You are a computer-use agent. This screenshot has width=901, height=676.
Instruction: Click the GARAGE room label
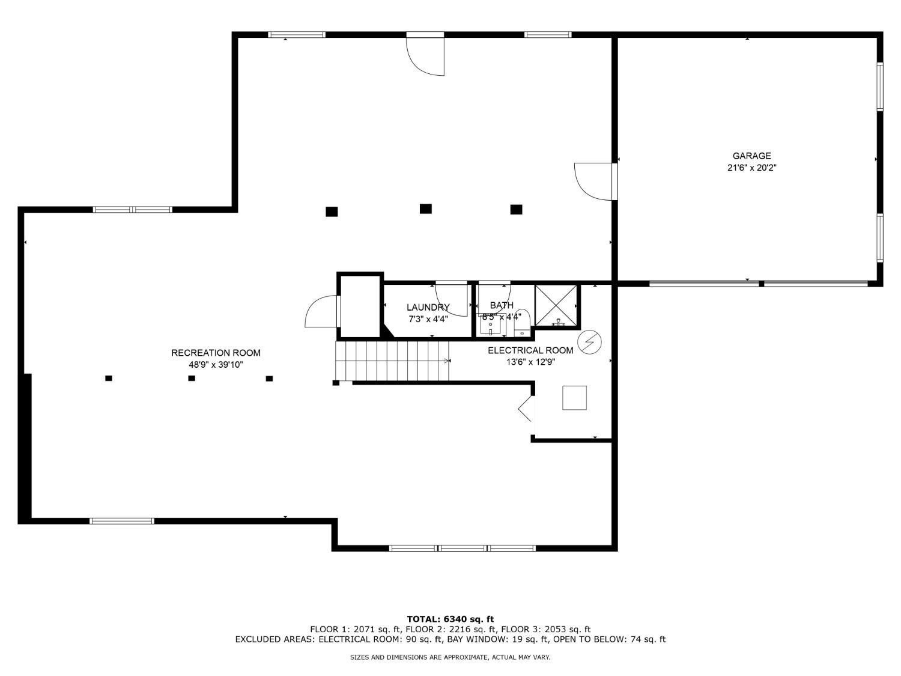[751, 156]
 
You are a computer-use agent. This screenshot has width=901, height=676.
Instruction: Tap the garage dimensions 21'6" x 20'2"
[751, 168]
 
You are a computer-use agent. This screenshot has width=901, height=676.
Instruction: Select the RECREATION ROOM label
[216, 353]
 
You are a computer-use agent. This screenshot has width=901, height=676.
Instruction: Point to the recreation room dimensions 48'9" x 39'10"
[216, 365]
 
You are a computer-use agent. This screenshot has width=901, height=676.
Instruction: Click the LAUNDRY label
[428, 307]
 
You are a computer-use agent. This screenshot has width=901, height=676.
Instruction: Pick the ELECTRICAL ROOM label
[530, 350]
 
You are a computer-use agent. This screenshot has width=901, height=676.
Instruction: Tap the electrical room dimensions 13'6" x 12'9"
[530, 362]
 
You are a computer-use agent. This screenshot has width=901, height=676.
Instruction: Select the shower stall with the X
[556, 305]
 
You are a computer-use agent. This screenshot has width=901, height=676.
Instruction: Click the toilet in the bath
[522, 323]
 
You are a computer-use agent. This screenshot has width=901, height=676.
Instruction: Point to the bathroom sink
[491, 324]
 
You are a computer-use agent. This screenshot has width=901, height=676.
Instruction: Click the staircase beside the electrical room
[392, 361]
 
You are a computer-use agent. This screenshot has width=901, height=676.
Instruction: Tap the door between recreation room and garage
[596, 181]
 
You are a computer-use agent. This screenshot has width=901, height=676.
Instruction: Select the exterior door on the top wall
[425, 53]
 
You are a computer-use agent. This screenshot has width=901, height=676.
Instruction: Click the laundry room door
[451, 299]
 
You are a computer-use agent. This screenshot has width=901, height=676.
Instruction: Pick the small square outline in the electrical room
[574, 398]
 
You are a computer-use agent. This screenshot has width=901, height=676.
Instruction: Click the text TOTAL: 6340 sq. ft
[450, 619]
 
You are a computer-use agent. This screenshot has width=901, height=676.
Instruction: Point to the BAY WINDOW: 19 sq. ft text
[497, 639]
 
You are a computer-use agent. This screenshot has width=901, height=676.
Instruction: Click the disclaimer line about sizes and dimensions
[450, 657]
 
